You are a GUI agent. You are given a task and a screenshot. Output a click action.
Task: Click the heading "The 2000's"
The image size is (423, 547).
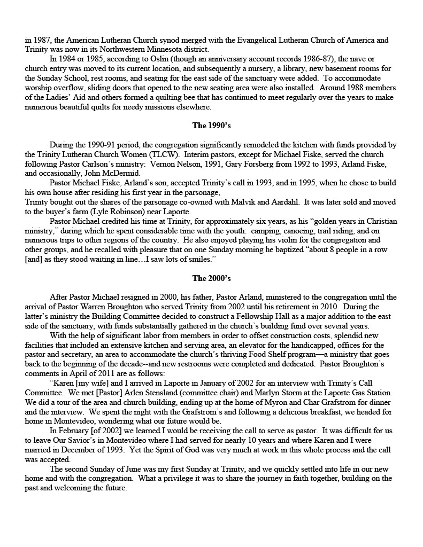211,278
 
